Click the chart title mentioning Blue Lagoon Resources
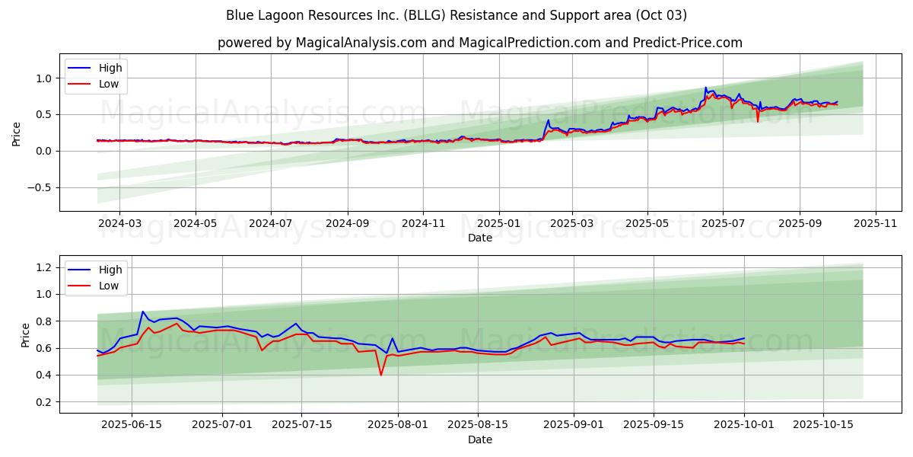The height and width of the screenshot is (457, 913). [456, 15]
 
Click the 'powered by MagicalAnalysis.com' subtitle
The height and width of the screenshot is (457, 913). [479, 43]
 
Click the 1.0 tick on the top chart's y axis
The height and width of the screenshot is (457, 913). [44, 78]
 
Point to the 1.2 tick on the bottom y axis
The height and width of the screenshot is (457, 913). [44, 267]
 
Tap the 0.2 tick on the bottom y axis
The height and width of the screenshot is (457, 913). [44, 402]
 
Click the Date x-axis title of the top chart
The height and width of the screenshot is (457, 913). [479, 238]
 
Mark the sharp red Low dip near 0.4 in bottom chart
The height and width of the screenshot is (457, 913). [381, 374]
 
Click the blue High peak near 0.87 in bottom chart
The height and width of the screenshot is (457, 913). [142, 312]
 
